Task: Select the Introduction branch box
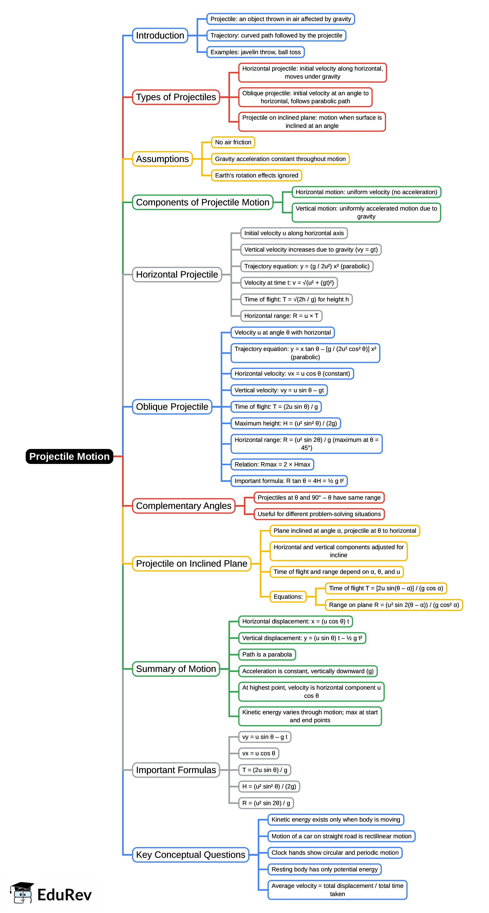pos(160,35)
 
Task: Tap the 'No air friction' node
pos(233,142)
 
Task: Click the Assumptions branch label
pos(162,159)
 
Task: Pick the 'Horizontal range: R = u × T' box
pos(281,316)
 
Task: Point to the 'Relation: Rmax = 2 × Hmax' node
pos(272,464)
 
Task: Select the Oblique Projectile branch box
pos(172,406)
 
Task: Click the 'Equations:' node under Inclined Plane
pos(288,596)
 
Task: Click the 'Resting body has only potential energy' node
pos(324,869)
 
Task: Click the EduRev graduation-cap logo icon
pos(22,893)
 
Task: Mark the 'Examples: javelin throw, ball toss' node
pos(255,52)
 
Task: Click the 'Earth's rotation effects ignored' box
pos(256,175)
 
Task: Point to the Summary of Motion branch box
pos(176,669)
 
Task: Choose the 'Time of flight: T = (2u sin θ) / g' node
pos(276,406)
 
